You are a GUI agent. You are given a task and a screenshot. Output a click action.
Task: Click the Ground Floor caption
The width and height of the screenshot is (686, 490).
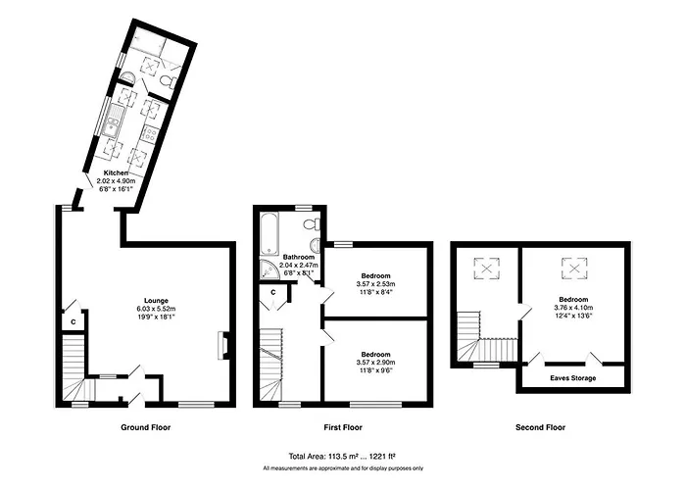(x=146, y=427)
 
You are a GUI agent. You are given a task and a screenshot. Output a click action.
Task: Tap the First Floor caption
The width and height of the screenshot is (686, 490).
(x=343, y=427)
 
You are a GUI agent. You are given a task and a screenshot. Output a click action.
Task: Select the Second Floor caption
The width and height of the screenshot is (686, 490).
(x=540, y=427)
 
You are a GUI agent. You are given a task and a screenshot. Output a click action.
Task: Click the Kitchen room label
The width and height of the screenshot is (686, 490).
(x=116, y=172)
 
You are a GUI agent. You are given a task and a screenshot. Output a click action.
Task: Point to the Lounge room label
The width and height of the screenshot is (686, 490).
(x=156, y=301)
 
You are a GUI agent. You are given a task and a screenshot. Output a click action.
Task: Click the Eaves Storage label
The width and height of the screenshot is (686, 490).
(x=572, y=378)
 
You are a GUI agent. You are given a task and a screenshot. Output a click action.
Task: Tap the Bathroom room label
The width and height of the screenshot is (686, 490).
(x=298, y=257)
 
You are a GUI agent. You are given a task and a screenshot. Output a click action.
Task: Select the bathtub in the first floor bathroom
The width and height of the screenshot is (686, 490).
(x=269, y=234)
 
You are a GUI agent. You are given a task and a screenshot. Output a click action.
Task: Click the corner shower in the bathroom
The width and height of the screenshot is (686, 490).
(x=269, y=269)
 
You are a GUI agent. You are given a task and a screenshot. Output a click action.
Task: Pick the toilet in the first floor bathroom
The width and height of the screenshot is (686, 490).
(x=312, y=224)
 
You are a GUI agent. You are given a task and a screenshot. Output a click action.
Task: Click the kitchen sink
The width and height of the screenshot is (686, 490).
(x=114, y=120)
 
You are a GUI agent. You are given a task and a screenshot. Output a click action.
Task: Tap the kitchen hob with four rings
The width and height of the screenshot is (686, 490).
(x=151, y=133)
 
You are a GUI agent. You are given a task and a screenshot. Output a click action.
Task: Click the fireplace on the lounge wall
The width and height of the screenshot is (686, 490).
(x=222, y=346)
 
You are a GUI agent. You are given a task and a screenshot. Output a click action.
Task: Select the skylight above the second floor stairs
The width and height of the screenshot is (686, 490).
(x=486, y=268)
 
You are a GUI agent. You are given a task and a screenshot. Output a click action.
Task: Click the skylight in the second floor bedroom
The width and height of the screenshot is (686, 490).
(x=574, y=268)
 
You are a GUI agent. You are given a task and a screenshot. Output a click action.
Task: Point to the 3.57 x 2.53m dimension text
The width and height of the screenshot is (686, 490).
(x=375, y=283)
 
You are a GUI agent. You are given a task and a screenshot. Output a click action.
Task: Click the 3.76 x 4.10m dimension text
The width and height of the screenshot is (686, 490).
(x=573, y=307)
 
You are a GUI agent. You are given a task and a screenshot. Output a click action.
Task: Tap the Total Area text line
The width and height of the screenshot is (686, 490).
(x=342, y=457)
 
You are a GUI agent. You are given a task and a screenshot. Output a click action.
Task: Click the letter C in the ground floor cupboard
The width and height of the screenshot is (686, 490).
(x=73, y=322)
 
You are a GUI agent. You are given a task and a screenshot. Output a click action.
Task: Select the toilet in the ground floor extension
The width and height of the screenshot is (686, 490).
(x=168, y=81)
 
